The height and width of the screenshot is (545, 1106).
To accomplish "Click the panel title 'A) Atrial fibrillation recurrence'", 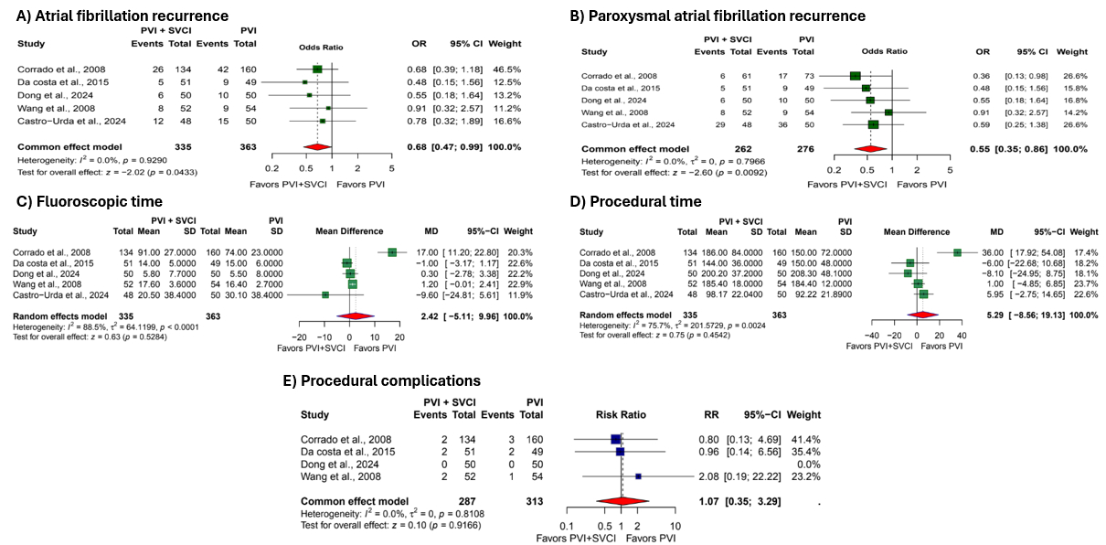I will (122, 16).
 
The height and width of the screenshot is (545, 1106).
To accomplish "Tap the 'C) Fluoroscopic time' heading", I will (86, 200).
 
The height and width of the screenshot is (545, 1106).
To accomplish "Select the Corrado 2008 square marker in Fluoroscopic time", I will (392, 251).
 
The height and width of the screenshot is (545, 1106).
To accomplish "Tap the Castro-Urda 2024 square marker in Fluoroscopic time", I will (325, 294).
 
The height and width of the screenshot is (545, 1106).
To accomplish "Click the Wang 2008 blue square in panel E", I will (638, 476).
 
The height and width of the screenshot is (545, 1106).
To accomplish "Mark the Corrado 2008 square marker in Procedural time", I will (957, 251).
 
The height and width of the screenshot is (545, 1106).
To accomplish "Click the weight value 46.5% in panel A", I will (505, 69).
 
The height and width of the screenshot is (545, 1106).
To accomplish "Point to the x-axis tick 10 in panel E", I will (675, 526).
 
